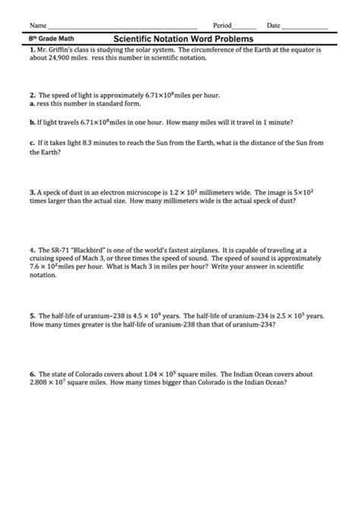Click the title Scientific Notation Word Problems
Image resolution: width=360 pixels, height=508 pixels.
(183, 38)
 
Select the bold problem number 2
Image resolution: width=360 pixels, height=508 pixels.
(33, 96)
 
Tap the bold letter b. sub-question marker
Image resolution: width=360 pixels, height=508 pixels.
(33, 121)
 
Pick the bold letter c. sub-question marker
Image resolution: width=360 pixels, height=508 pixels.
(33, 142)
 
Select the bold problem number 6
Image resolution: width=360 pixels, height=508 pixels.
(33, 374)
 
